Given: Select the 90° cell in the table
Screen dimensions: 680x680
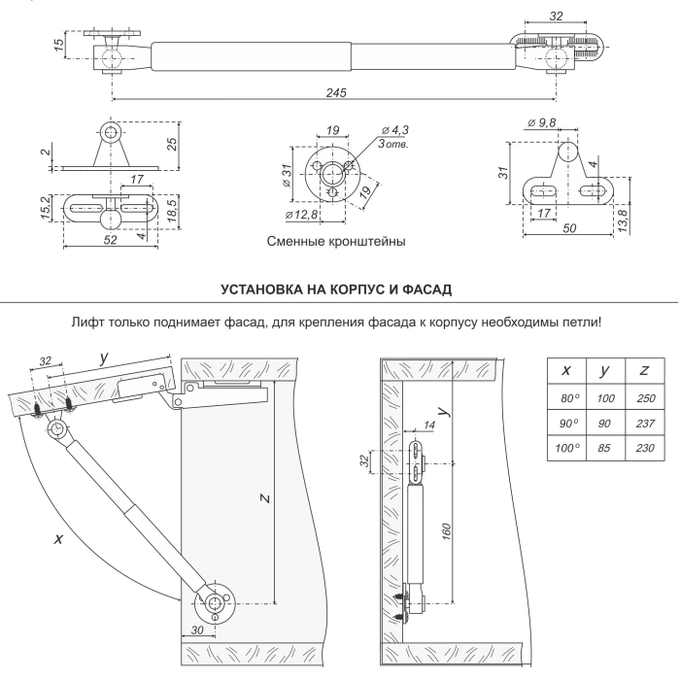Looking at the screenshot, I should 565,425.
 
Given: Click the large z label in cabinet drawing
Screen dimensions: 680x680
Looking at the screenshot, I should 265,498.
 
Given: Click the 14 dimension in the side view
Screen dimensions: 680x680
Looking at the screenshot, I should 430,425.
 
